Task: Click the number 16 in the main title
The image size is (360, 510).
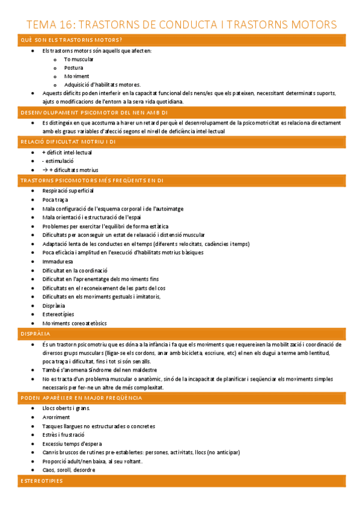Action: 64,25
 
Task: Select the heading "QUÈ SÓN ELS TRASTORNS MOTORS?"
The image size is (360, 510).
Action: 72,40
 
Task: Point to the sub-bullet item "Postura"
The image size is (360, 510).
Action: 73,68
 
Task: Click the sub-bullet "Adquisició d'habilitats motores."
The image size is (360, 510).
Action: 102,85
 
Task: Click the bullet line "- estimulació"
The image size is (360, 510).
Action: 58,161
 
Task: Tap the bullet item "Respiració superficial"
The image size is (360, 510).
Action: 68,191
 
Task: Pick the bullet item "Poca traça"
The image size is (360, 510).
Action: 55,200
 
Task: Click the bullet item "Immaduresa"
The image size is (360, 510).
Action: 58,262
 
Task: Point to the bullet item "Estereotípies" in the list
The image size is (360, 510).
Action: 58,314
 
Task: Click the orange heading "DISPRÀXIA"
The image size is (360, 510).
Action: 35,333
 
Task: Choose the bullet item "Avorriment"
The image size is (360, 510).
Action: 56,417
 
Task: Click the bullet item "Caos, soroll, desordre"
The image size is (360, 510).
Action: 69,470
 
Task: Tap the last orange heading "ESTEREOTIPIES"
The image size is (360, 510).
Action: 41,481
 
